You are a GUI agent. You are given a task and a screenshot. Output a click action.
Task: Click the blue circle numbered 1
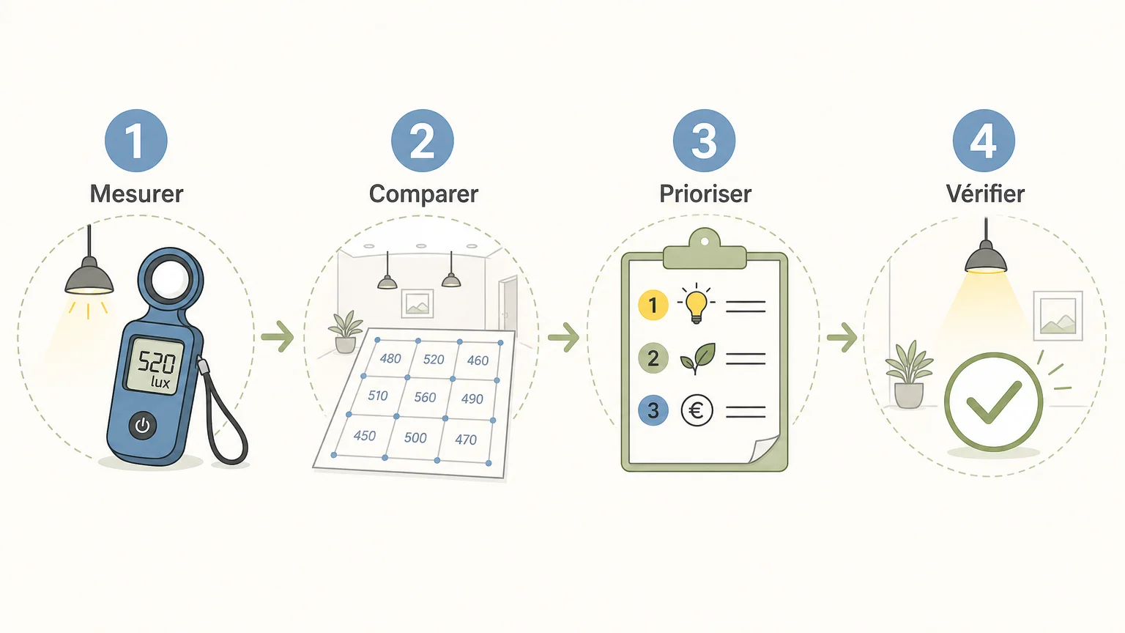(x=136, y=141)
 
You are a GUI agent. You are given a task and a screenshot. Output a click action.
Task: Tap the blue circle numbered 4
(x=984, y=141)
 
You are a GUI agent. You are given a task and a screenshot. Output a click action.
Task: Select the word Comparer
(x=423, y=194)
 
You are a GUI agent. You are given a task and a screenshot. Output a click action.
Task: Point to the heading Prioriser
(x=705, y=194)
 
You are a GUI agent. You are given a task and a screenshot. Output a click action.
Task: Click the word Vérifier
(x=985, y=193)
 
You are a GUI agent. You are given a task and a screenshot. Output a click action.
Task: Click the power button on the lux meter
(x=143, y=426)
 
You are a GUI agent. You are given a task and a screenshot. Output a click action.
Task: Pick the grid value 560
(x=425, y=397)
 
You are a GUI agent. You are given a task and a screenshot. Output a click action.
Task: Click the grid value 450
(x=365, y=436)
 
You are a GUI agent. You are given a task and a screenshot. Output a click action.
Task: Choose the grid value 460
(x=478, y=360)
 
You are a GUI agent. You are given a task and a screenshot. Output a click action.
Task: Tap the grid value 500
(x=415, y=437)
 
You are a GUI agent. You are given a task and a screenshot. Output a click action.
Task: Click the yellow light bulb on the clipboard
(x=696, y=303)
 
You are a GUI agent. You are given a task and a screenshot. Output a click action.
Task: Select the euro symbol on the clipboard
(x=697, y=410)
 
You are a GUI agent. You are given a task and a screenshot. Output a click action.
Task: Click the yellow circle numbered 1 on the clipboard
(x=653, y=305)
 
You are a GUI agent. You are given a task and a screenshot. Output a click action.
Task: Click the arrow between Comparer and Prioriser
(x=563, y=337)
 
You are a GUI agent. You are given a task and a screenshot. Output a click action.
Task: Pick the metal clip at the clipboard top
(x=705, y=250)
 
